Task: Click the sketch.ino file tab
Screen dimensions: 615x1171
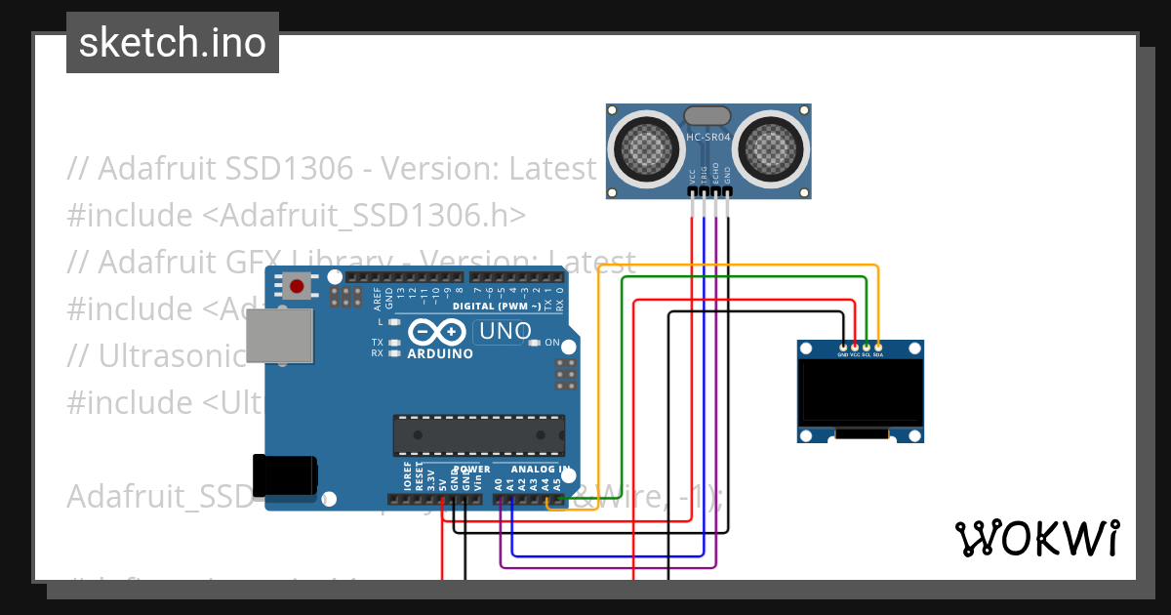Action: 173,43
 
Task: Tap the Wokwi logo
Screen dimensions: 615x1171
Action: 1035,538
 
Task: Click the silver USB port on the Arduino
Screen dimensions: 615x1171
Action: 280,337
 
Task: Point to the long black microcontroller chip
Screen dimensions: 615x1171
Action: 478,435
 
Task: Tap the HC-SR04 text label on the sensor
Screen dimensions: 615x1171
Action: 709,138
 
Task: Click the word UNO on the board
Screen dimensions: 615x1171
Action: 505,332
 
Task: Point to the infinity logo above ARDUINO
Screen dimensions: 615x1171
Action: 434,332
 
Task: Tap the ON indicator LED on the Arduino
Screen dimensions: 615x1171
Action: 537,343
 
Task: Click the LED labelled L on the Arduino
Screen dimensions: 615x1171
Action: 394,322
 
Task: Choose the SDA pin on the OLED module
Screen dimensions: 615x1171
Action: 878,347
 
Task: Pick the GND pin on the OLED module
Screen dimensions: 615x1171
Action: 843,347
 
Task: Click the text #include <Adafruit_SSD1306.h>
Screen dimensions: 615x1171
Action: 297,215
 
